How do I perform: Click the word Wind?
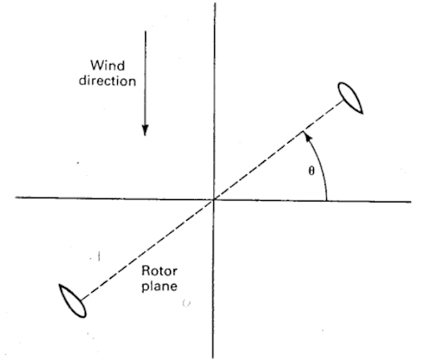pyautogui.click(x=108, y=66)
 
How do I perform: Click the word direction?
pyautogui.click(x=107, y=80)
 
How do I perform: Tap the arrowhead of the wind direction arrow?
pyautogui.click(x=145, y=130)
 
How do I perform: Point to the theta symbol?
pyautogui.click(x=311, y=171)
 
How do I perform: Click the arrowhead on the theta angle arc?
pyautogui.click(x=307, y=135)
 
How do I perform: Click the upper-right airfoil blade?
pyautogui.click(x=350, y=98)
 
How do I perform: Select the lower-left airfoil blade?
pyautogui.click(x=72, y=301)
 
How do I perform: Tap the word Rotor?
pyautogui.click(x=159, y=270)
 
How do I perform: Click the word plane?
pyautogui.click(x=159, y=285)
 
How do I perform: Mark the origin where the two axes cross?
pyautogui.click(x=213, y=199)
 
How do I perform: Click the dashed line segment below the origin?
pyautogui.click(x=148, y=249)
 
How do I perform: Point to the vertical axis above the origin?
pyautogui.click(x=215, y=101)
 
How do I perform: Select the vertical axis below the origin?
pyautogui.click(x=213, y=279)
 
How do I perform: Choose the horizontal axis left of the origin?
pyautogui.click(x=115, y=198)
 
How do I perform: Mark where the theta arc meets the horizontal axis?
pyautogui.click(x=327, y=200)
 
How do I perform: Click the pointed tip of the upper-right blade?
pyautogui.click(x=362, y=113)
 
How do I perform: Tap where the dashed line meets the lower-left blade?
pyautogui.click(x=81, y=300)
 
